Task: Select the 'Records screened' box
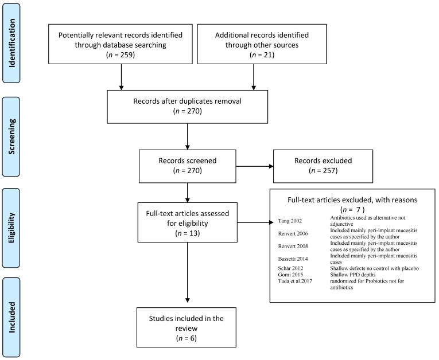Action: coord(188,165)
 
